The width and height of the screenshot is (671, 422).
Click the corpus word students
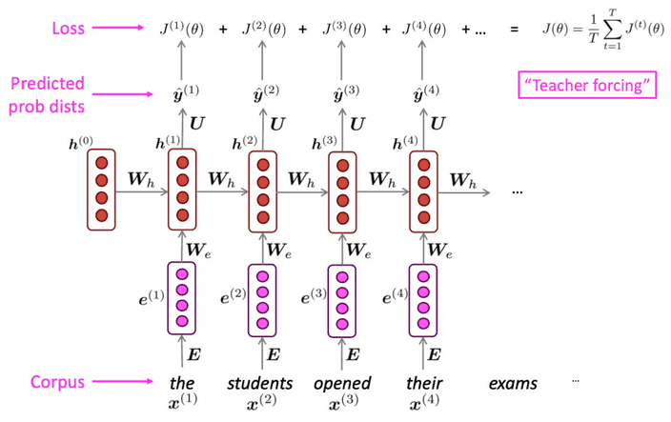pyautogui.click(x=260, y=384)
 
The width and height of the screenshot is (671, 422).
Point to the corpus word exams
pyautogui.click(x=513, y=384)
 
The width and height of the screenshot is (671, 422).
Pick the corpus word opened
pyautogui.click(x=341, y=384)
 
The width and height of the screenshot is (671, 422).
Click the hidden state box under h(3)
pyautogui.click(x=342, y=189)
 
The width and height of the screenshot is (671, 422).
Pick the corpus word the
pyautogui.click(x=181, y=384)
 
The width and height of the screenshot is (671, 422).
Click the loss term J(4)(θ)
pyautogui.click(x=423, y=30)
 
